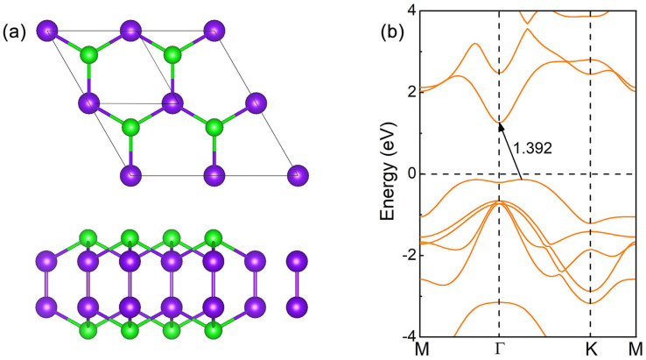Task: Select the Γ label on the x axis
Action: click(x=500, y=349)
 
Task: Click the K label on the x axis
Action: click(x=590, y=349)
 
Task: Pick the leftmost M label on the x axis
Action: click(x=422, y=349)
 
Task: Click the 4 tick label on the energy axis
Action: click(x=411, y=11)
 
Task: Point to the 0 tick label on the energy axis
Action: click(x=411, y=173)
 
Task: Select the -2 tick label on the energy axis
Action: click(x=408, y=255)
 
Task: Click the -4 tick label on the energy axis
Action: click(x=408, y=335)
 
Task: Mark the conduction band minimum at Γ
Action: click(x=500, y=123)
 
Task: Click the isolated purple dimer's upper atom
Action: click(x=298, y=262)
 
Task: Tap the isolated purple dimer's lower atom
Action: click(x=298, y=307)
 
